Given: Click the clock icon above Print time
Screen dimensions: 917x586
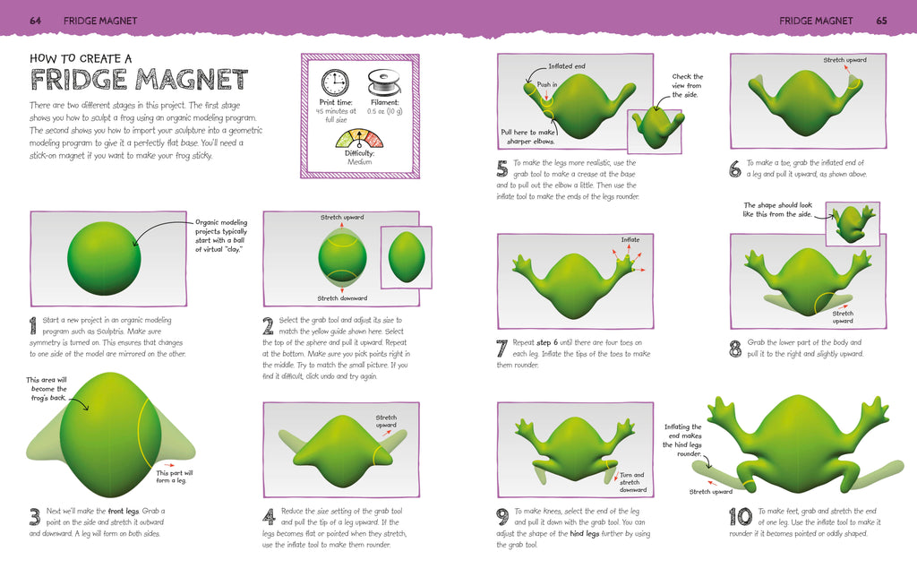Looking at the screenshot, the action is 335,83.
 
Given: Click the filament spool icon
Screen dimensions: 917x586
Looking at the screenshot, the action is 383,82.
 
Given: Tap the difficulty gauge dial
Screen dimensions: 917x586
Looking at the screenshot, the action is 359,139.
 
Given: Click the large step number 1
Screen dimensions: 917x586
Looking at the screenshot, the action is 33,325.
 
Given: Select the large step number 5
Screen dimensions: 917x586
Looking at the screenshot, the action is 501,168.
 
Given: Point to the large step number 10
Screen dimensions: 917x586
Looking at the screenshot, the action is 741,516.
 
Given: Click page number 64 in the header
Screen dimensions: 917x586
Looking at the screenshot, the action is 35,21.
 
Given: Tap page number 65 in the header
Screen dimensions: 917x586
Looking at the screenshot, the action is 881,21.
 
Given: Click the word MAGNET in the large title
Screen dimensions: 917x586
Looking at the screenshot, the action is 193,80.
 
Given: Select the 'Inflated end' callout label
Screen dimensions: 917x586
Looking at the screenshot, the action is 566,66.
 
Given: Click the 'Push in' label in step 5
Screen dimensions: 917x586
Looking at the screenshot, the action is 547,84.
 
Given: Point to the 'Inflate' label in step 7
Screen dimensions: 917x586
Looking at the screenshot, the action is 630,239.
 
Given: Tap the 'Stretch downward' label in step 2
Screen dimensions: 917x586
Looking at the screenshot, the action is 342,298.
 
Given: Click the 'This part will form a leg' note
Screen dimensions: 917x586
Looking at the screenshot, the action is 174,477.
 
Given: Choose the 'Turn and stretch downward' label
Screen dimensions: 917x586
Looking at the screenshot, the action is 633,482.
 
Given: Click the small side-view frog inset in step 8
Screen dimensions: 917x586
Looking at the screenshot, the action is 853,224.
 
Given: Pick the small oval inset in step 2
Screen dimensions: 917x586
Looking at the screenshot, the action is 407,257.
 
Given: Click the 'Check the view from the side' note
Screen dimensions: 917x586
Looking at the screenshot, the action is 687,85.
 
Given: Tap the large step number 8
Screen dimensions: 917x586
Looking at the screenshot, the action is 735,349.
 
